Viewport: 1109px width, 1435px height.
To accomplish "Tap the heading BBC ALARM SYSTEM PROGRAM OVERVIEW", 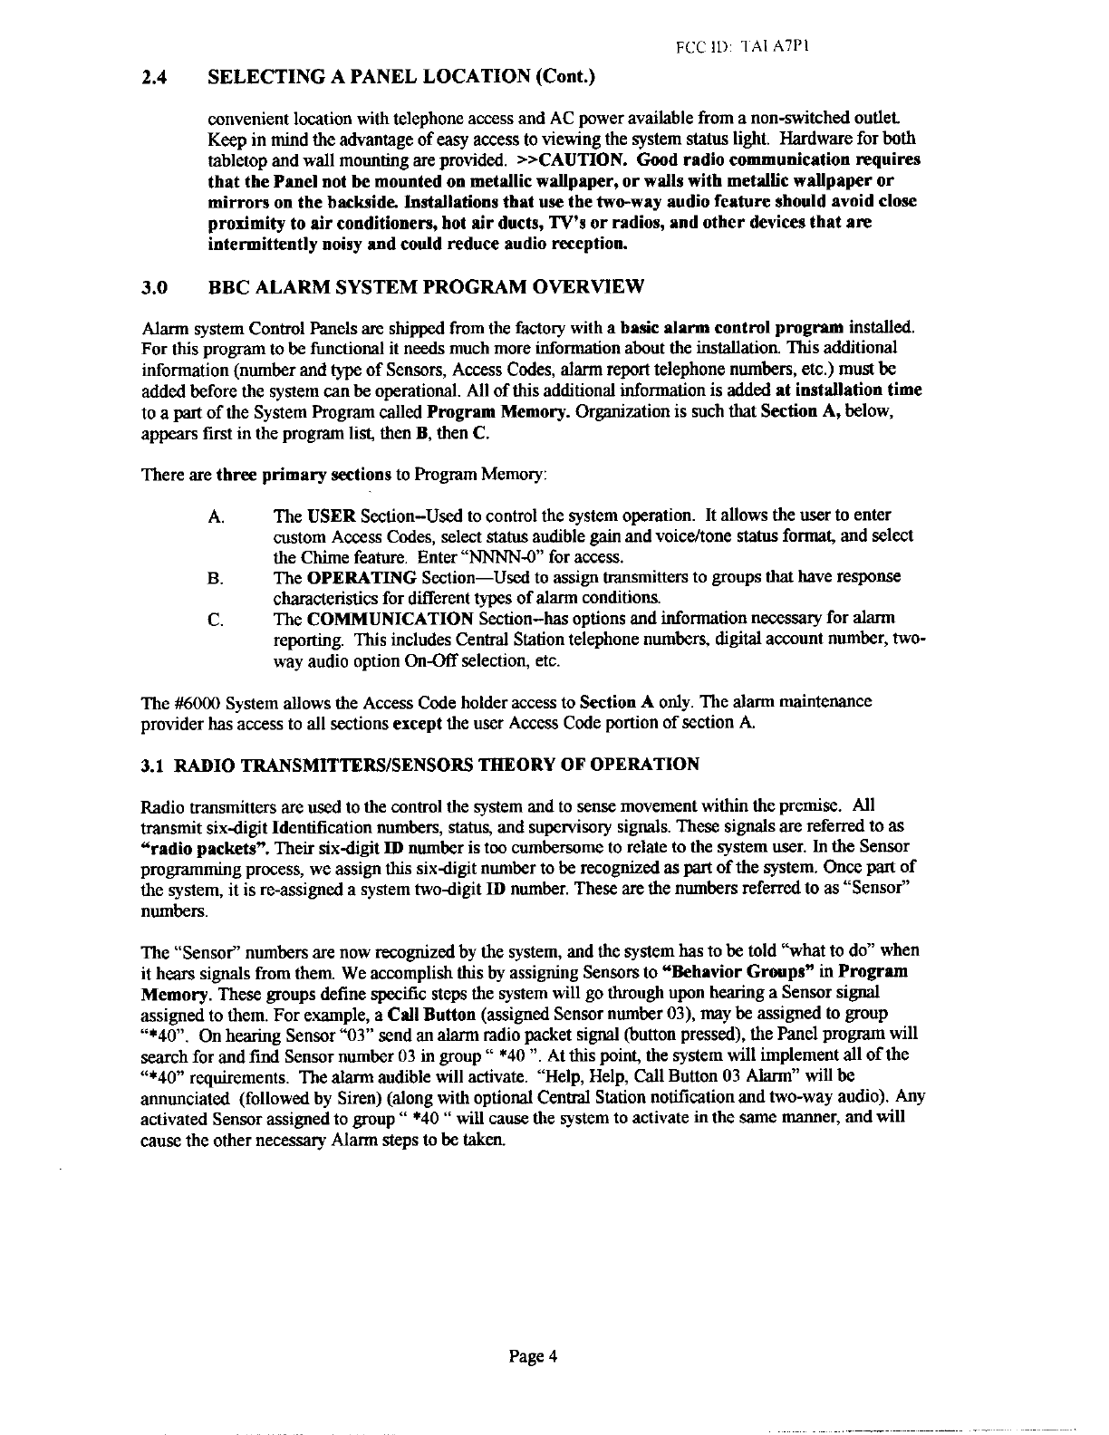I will click(x=426, y=288).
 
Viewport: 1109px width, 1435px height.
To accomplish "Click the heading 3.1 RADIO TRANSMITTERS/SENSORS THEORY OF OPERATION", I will click(x=421, y=765).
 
